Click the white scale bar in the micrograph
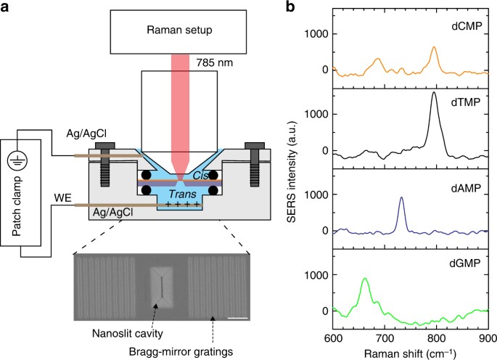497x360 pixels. point(236,317)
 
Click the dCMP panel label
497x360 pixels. point(465,26)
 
